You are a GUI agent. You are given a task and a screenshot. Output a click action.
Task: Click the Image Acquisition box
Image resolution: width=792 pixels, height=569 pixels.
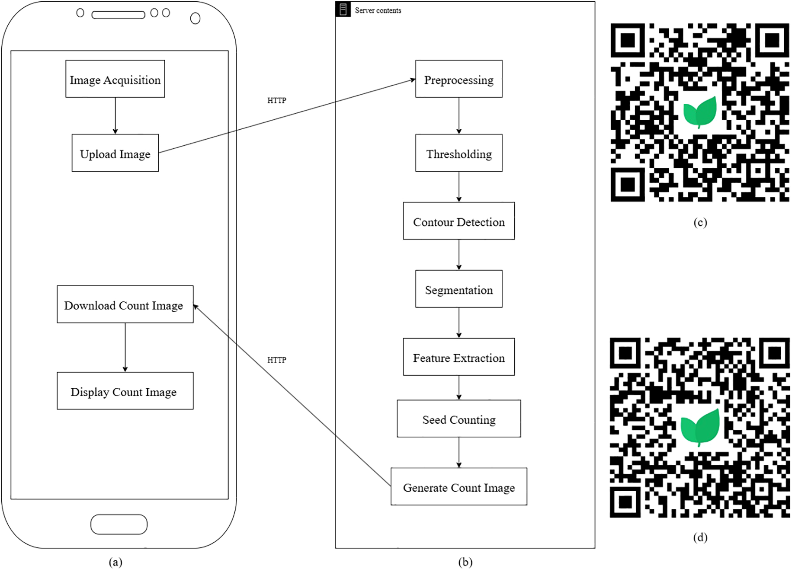click(x=115, y=79)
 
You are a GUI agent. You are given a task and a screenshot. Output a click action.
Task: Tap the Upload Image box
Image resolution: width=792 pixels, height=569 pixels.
click(x=115, y=153)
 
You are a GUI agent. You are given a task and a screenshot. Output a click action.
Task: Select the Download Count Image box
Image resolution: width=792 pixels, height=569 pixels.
click(x=125, y=304)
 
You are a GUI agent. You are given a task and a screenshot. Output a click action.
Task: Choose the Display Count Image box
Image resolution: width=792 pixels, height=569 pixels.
click(x=125, y=391)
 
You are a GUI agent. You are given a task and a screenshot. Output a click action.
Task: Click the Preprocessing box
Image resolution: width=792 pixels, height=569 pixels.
click(x=459, y=79)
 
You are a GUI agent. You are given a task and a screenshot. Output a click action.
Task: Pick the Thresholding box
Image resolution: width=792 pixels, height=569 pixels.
click(x=459, y=153)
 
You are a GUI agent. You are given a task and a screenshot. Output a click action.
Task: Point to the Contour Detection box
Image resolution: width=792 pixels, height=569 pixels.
click(x=459, y=221)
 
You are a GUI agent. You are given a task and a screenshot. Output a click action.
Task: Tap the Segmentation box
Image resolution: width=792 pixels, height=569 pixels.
click(x=459, y=289)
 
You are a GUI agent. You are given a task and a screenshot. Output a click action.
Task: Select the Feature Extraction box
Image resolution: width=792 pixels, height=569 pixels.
click(x=459, y=357)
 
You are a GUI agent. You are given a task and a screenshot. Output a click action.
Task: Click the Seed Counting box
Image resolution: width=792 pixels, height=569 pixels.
click(x=459, y=419)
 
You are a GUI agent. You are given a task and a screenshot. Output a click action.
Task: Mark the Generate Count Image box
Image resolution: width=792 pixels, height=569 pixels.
click(x=459, y=487)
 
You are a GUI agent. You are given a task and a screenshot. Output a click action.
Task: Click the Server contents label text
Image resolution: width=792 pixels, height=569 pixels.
click(x=378, y=10)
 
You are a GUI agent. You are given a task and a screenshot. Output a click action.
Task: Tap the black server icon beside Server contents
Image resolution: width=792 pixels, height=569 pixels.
click(x=343, y=9)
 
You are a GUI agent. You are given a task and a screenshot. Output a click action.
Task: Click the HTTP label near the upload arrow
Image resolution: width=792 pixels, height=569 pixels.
click(x=276, y=100)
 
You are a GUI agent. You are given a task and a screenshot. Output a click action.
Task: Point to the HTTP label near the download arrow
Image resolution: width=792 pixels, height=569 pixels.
click(x=276, y=360)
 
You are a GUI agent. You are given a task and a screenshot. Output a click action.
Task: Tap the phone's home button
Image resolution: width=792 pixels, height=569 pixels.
click(x=119, y=524)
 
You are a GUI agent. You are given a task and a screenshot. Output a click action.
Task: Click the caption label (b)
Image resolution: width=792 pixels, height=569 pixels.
click(x=465, y=562)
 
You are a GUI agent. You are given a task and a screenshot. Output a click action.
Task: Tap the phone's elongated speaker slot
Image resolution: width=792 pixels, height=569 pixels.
click(x=118, y=15)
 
